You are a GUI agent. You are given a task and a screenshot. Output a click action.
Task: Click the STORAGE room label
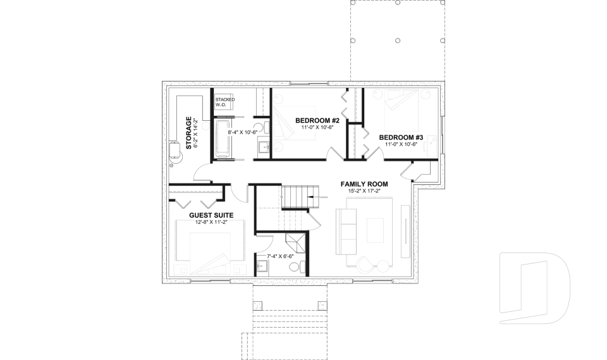tap(188, 132)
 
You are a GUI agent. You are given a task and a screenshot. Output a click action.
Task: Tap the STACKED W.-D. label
tap(224, 102)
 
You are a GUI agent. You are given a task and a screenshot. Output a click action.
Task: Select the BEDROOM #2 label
tap(317, 120)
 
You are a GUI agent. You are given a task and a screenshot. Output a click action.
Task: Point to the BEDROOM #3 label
tap(401, 137)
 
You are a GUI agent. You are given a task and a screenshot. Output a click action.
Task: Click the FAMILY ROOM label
tap(364, 184)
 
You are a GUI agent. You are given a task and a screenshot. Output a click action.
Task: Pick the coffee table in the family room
tap(374, 228)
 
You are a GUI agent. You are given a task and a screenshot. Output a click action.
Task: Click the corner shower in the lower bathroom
tap(294, 244)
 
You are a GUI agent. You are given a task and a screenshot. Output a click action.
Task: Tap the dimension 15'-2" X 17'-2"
tap(364, 191)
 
